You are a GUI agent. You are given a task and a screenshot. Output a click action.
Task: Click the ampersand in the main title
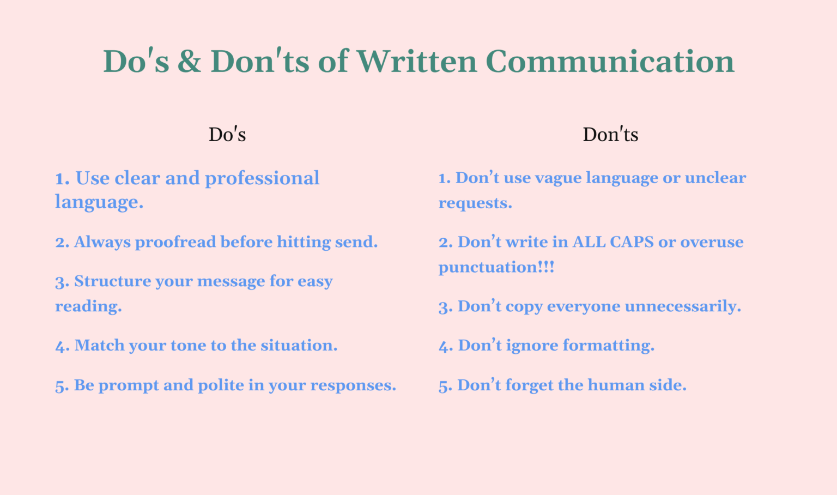[x=189, y=62]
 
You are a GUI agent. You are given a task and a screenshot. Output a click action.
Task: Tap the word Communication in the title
[x=610, y=62]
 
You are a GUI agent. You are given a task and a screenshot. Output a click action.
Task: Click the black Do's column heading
[x=227, y=135]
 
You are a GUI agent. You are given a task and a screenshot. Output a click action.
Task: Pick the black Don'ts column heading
[x=610, y=135]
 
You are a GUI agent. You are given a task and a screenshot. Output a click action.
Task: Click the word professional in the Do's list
[x=262, y=178]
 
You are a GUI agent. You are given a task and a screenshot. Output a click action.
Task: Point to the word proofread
[x=175, y=243]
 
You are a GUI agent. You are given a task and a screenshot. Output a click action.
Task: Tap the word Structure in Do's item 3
[x=112, y=281]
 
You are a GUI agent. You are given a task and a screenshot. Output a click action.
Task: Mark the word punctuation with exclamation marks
[x=496, y=268]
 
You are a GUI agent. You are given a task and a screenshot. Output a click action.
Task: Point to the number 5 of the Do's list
[x=61, y=387]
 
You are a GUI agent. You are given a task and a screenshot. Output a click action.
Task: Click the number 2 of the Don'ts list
[x=445, y=243]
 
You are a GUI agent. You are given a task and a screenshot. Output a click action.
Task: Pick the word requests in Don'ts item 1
[x=475, y=203]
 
